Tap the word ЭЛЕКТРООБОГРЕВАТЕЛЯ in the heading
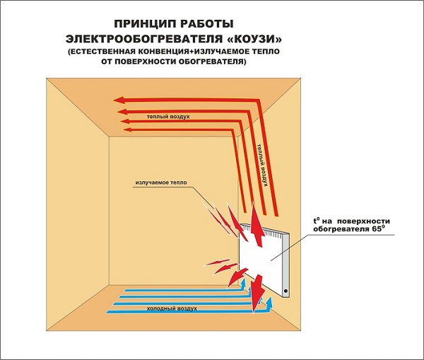143,39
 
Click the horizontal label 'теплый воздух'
168,117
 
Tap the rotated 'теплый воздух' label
263,165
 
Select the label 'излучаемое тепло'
161,182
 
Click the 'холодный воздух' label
172,308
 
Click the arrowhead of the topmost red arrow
119,100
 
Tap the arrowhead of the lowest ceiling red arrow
127,130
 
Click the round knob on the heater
285,291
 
